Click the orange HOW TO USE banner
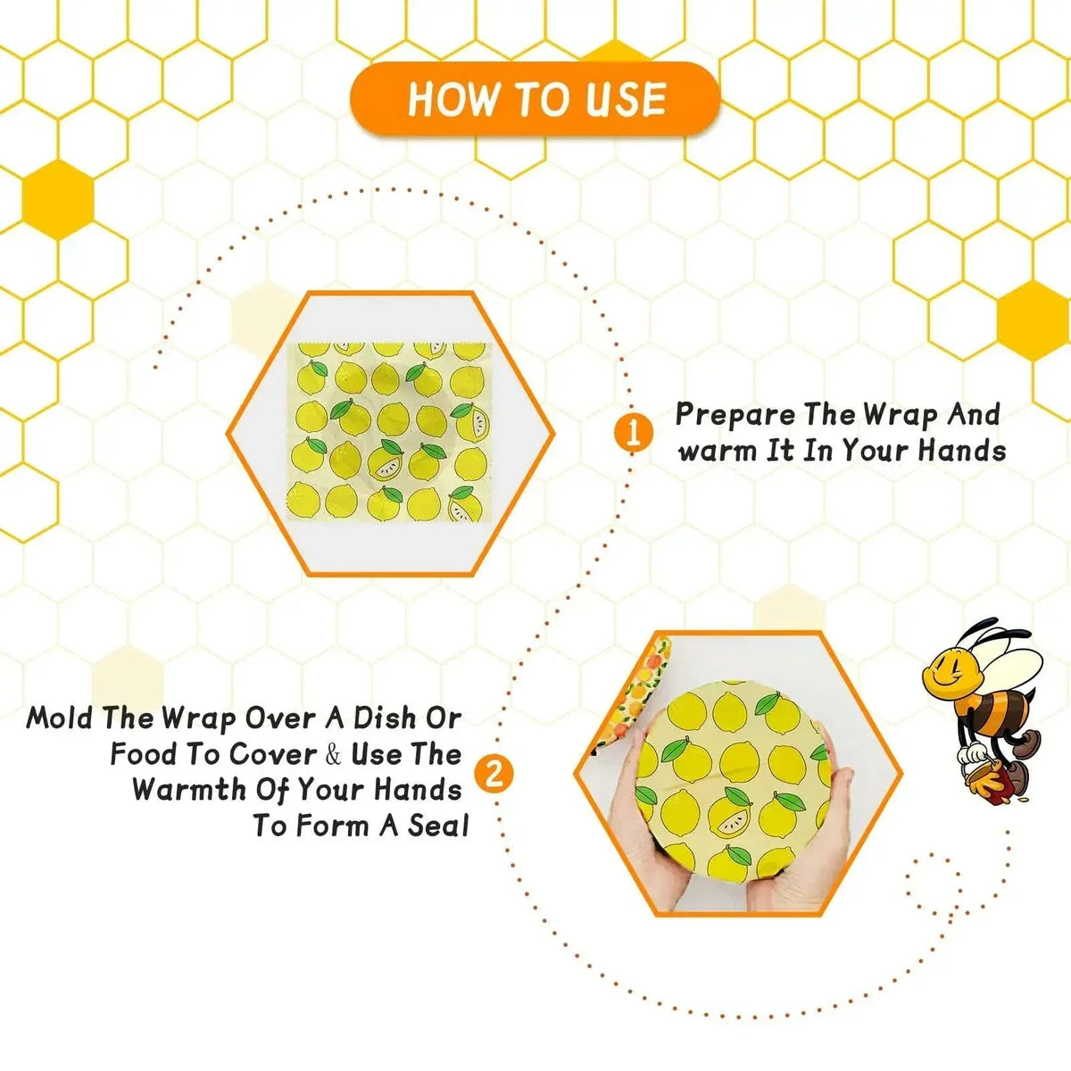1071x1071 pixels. pyautogui.click(x=535, y=98)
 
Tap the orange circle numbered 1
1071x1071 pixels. pyautogui.click(x=632, y=434)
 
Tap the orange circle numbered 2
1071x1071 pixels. pyautogui.click(x=494, y=773)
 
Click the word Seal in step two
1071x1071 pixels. pyautogui.click(x=438, y=826)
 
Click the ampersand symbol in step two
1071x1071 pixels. pyautogui.click(x=333, y=755)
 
